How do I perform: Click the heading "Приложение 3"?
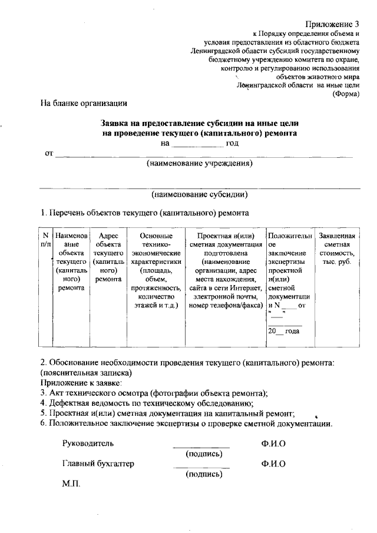(332, 24)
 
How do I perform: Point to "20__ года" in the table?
(283, 332)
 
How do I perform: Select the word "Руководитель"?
(88, 443)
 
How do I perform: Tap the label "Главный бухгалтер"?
(98, 464)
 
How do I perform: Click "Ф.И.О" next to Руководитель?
(274, 443)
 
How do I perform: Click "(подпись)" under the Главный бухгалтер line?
(204, 474)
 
